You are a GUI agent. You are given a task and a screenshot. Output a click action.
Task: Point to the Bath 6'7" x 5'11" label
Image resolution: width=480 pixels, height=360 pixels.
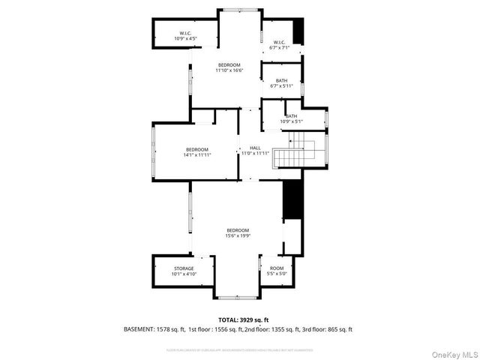[281, 83]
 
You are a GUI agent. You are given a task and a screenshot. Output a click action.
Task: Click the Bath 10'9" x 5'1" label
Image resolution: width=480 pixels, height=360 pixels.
[291, 118]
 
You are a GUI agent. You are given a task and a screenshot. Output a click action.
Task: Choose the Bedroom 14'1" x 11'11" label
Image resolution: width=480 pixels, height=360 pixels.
[197, 152]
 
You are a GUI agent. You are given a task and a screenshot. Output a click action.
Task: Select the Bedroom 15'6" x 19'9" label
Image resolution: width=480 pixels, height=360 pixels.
[238, 232]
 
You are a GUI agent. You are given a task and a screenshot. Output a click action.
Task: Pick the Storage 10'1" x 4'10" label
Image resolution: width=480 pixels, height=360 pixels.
[184, 271]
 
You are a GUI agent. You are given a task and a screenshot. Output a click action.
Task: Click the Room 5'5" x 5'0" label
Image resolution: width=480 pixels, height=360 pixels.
[277, 271]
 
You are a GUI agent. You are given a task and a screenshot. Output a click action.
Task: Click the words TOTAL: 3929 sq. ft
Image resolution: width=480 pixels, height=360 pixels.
[243, 319]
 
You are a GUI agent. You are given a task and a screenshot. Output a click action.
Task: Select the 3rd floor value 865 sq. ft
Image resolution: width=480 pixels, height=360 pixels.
[338, 329]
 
